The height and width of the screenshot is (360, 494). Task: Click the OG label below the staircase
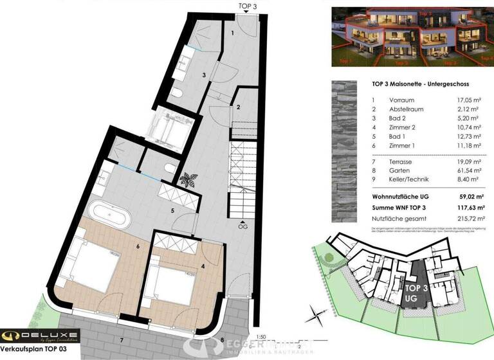click(242, 226)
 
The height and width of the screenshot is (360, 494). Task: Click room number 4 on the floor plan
click(202, 265)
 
